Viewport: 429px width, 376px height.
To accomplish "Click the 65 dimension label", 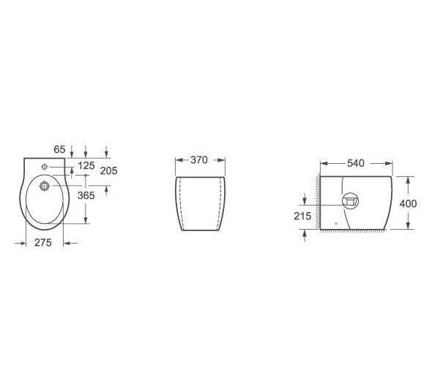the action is [x=59, y=149].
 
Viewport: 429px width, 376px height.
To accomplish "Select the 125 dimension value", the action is [x=86, y=165].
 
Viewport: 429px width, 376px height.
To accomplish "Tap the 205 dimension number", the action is [x=108, y=170].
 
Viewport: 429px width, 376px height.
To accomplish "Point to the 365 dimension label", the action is [x=86, y=195].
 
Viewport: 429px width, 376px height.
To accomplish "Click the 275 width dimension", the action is [x=43, y=242].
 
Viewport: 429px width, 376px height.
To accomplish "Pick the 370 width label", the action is [x=199, y=159].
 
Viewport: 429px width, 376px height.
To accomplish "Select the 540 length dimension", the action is [x=356, y=163].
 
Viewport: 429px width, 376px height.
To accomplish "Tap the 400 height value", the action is [x=409, y=203].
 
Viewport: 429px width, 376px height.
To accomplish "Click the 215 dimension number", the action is [x=302, y=216].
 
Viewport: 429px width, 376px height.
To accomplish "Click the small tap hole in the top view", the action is [x=45, y=167].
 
